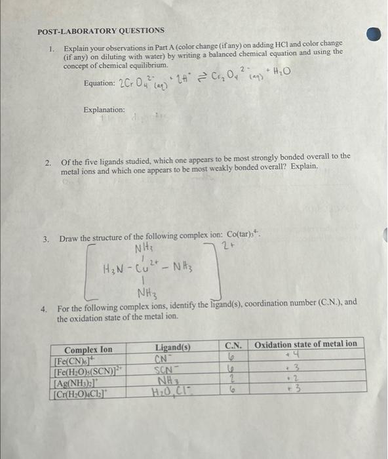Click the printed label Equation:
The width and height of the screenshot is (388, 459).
[99, 84]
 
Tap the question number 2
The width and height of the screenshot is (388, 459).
[48, 157]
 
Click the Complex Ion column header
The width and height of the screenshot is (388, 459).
[88, 349]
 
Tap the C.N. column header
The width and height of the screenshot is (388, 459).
[234, 344]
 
